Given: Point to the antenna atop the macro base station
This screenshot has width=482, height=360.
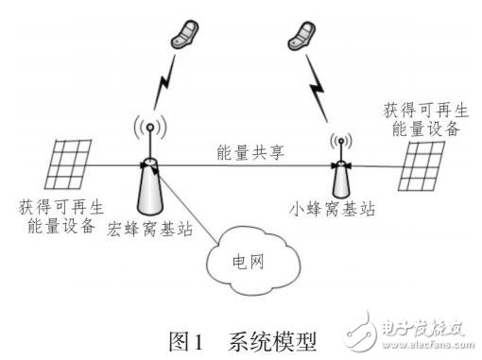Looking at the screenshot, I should [148, 129].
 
